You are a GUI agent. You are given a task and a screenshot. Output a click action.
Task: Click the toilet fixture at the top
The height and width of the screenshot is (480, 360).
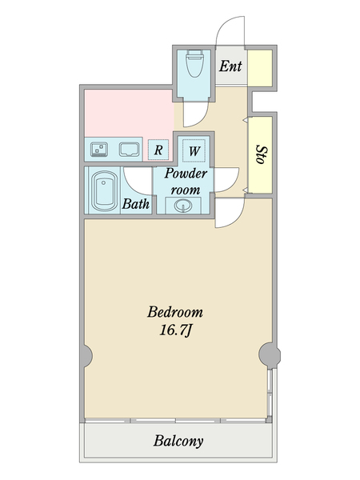point(194,63)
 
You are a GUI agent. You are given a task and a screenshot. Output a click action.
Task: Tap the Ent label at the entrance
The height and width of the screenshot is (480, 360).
point(230,66)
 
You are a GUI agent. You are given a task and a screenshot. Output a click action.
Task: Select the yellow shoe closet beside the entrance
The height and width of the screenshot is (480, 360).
point(260,68)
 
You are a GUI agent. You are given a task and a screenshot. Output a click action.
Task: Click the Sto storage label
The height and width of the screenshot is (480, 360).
point(261,154)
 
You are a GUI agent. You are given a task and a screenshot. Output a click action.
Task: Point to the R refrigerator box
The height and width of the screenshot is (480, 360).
point(158,150)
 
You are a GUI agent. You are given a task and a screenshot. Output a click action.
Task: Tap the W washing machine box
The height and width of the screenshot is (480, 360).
point(194,150)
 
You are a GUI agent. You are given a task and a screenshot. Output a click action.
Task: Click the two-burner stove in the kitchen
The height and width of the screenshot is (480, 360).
point(99,150)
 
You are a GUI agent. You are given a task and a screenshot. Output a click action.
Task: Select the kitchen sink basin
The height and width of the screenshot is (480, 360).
point(129,150)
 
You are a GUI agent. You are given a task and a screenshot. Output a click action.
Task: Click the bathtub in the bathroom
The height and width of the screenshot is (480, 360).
point(104,191)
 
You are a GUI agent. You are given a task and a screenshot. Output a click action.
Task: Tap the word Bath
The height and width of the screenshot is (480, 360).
point(136,203)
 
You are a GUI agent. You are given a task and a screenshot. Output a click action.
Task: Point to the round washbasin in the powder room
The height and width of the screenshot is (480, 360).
point(183,206)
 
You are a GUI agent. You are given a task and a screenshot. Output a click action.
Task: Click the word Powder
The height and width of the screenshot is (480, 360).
point(186,174)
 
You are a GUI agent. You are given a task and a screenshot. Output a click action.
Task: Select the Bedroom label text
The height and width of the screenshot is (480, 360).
point(174,312)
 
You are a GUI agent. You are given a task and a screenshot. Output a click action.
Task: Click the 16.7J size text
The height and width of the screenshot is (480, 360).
point(175,330)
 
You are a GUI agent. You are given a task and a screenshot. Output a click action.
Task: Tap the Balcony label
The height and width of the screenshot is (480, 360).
point(178,441)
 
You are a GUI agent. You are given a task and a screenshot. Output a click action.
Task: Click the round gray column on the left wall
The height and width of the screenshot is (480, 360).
point(87,356)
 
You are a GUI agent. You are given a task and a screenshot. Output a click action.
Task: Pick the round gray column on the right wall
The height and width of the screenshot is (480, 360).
point(270,355)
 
